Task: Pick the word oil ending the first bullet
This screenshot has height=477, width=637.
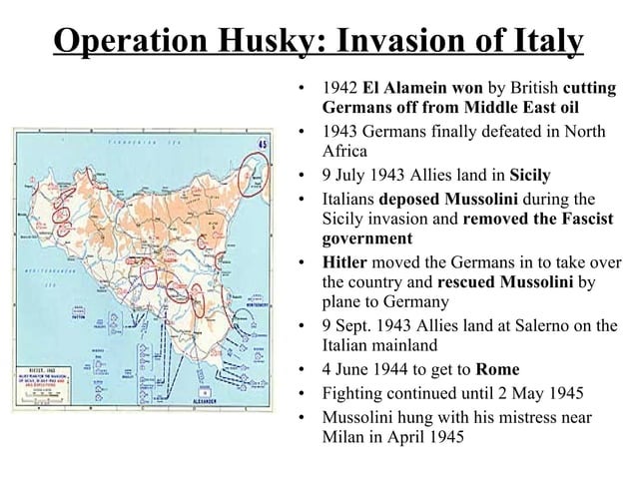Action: coord(561,109)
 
